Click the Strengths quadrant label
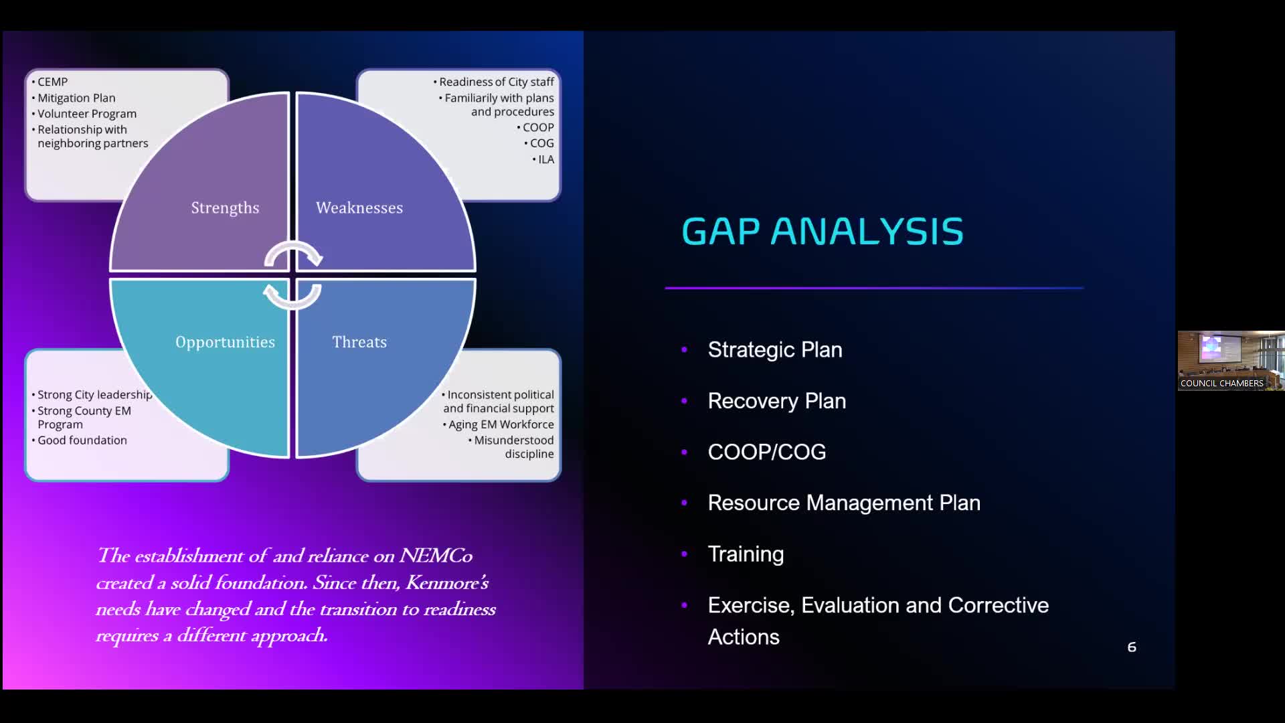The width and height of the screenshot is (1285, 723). [225, 208]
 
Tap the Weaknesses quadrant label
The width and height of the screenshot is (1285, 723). [359, 208]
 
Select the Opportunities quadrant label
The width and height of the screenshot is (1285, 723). [225, 342]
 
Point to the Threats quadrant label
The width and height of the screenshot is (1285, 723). [359, 342]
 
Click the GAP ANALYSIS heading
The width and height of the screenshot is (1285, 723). [823, 232]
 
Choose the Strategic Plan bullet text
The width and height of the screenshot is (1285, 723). [775, 349]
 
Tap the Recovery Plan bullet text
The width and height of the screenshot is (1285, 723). [777, 400]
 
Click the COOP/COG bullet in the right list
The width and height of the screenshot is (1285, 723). [767, 452]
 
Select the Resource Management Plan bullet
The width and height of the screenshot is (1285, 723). [844, 503]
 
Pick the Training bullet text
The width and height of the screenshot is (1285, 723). [746, 554]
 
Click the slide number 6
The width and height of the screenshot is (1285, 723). [1132, 647]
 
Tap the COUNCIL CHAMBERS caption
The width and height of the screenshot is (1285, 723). [1221, 384]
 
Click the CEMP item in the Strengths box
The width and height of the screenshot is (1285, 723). [52, 82]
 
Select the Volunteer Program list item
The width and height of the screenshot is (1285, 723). [86, 114]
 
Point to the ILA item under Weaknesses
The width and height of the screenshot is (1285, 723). [546, 159]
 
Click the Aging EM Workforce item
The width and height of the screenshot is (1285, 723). [501, 424]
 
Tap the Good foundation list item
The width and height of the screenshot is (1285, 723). [82, 440]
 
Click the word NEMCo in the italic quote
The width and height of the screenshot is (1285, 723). [436, 556]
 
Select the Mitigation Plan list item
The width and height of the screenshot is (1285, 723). [76, 98]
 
